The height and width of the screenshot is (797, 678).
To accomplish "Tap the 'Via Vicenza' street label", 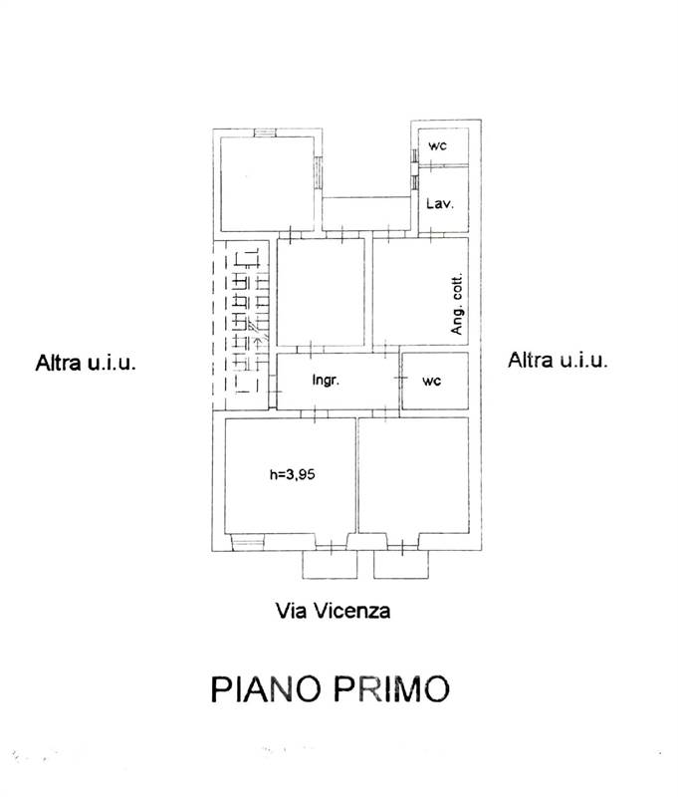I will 333,611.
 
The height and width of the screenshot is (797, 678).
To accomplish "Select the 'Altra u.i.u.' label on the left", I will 86,362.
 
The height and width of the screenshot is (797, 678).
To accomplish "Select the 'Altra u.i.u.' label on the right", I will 558,360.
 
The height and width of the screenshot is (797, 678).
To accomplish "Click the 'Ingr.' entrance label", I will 328,380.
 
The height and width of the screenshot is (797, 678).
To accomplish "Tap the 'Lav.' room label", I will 439,203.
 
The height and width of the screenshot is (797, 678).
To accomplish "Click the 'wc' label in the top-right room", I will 437,145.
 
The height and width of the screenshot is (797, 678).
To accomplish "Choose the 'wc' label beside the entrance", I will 432,380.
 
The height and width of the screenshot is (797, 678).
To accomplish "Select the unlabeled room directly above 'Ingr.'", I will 320,294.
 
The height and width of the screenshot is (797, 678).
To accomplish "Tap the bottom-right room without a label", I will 413,476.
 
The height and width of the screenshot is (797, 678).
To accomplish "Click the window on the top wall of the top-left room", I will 265,133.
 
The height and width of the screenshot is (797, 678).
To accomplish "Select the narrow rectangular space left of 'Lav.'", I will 366,212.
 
